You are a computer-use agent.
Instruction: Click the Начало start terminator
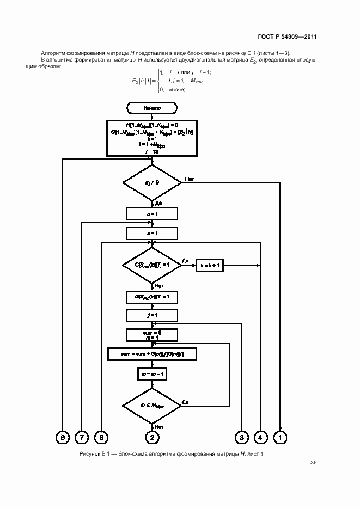(x=152, y=108)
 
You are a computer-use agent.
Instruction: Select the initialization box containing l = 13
(x=152, y=138)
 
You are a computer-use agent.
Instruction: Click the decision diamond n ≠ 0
(x=152, y=182)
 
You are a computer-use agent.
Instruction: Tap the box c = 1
(x=152, y=214)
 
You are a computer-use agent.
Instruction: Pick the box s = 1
(x=152, y=234)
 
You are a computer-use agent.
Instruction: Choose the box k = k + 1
(x=210, y=265)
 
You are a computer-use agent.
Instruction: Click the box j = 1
(x=152, y=315)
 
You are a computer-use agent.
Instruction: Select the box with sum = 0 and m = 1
(x=152, y=334)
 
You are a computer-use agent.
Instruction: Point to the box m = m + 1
(x=152, y=375)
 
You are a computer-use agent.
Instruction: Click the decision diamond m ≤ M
(x=152, y=406)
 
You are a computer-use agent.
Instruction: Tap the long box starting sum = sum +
(x=152, y=354)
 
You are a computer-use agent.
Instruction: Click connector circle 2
(x=152, y=437)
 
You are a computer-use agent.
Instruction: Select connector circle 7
(x=81, y=437)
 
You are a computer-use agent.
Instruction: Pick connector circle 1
(x=280, y=437)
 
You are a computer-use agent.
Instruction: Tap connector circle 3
(x=241, y=437)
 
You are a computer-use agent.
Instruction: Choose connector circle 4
(x=261, y=437)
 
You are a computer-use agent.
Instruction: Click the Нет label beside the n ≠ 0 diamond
(x=190, y=179)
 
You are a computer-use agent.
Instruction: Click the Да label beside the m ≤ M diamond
(x=186, y=402)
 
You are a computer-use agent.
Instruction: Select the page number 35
(x=314, y=463)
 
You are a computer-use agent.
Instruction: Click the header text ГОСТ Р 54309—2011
(x=288, y=37)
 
